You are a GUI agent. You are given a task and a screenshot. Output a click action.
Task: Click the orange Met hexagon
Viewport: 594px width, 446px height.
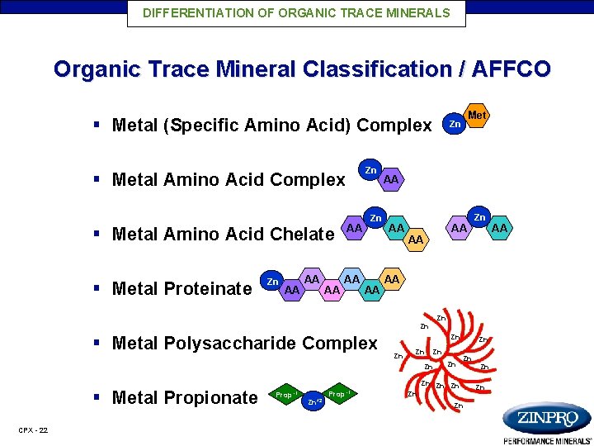477,116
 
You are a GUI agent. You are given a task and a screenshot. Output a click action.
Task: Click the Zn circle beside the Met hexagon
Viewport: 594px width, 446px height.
455,125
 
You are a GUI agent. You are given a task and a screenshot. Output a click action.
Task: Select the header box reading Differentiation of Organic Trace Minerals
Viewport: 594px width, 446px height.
296,13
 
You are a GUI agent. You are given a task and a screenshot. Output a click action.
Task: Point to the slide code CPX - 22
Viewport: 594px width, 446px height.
33,430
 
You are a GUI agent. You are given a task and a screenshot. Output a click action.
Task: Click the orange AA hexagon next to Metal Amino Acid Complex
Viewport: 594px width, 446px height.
391,179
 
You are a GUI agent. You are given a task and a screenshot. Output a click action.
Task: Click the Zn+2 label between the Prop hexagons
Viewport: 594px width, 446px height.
313,402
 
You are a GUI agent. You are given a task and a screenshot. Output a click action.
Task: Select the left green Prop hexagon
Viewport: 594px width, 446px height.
286,394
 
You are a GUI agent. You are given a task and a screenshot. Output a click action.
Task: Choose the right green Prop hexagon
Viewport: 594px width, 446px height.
338,394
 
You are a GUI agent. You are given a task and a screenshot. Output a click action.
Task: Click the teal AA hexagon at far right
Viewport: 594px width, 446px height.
499,226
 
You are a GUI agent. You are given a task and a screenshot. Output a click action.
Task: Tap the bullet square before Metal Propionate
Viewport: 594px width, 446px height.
97,396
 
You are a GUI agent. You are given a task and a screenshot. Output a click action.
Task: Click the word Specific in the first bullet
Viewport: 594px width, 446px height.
205,126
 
